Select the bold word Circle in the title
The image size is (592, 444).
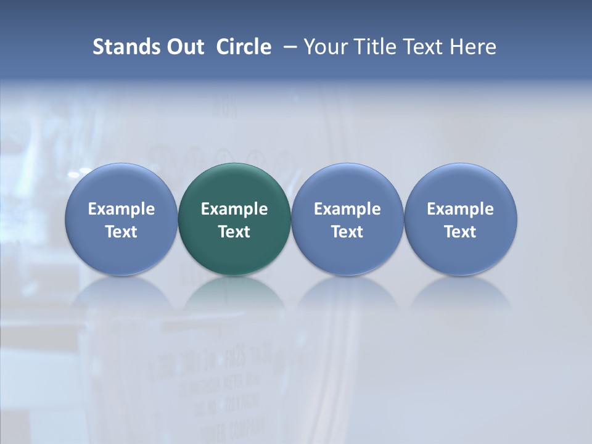(244, 47)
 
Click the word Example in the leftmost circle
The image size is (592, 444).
(121, 209)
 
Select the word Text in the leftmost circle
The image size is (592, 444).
(121, 232)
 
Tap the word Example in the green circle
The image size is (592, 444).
(234, 209)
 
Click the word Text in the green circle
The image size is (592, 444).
(234, 232)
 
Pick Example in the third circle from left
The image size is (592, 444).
(347, 209)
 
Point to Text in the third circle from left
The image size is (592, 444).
(347, 232)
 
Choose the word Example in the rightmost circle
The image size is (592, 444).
(460, 209)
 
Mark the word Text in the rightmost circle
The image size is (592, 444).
(460, 232)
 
